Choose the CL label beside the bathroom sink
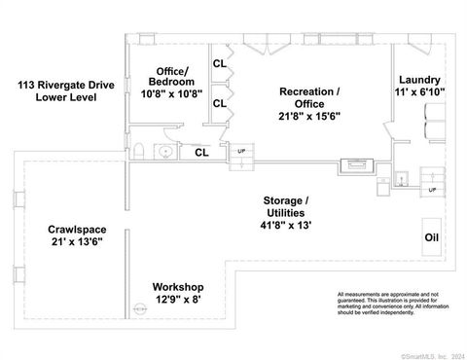click(x=201, y=152)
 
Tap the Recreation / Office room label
click(x=309, y=97)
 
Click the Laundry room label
click(x=419, y=80)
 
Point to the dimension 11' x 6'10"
click(x=419, y=93)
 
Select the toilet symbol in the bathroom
click(x=140, y=152)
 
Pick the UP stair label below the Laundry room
click(x=432, y=189)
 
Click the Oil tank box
click(x=431, y=237)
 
